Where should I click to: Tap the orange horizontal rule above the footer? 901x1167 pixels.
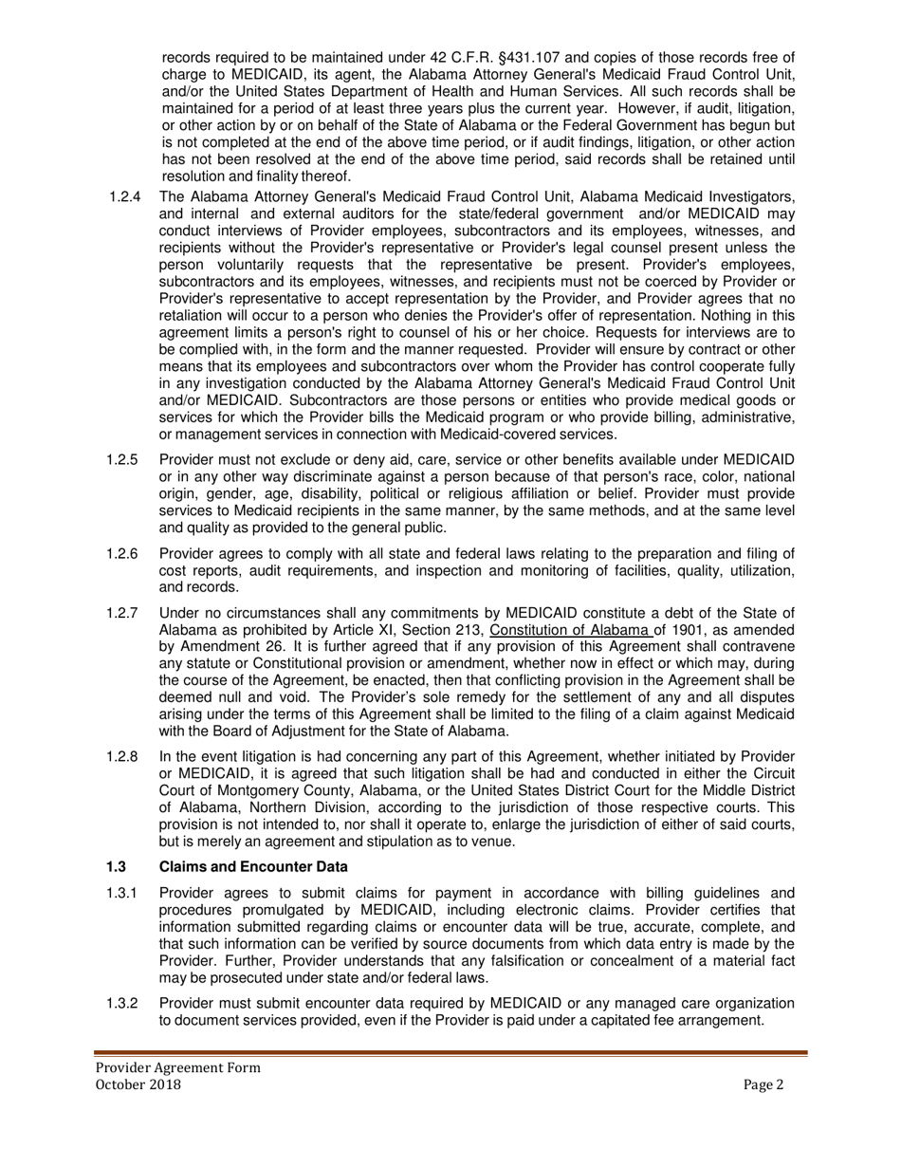point(450,1052)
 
